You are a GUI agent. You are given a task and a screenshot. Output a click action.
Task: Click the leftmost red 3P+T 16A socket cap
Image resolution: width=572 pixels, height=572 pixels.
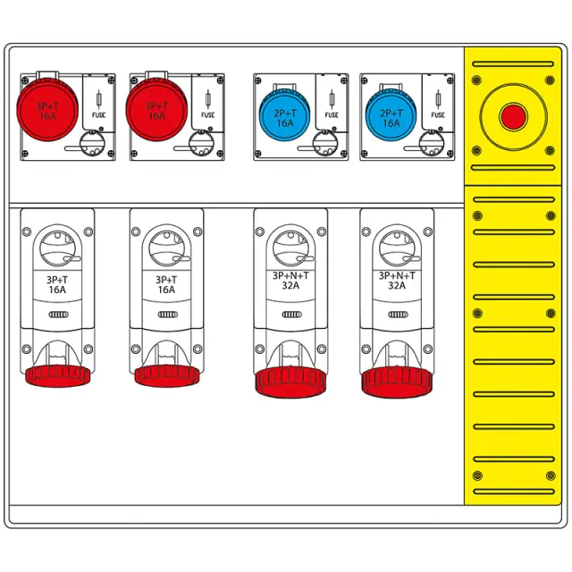pyautogui.click(x=47, y=110)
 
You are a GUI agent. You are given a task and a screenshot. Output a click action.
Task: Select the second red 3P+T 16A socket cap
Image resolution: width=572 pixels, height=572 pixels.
pyautogui.click(x=157, y=110)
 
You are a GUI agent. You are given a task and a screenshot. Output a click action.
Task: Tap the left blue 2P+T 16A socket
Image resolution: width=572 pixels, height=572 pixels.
pyautogui.click(x=284, y=117)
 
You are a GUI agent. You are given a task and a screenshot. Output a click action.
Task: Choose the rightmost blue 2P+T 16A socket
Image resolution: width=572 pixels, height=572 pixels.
pyautogui.click(x=391, y=117)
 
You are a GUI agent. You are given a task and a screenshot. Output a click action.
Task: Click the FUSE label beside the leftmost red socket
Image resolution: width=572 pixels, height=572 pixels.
pyautogui.click(x=98, y=115)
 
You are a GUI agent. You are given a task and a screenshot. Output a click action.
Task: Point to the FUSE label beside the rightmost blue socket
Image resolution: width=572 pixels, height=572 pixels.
pyautogui.click(x=438, y=115)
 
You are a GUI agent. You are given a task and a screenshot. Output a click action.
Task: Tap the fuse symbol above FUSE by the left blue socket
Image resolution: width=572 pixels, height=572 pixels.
pyautogui.click(x=332, y=99)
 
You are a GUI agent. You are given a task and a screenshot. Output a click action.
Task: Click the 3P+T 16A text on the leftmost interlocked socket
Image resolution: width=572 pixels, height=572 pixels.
pyautogui.click(x=57, y=285)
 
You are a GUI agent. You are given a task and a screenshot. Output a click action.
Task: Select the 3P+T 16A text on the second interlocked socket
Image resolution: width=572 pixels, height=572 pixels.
pyautogui.click(x=166, y=285)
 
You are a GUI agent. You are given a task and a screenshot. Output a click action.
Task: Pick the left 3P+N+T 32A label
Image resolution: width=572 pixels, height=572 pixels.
pyautogui.click(x=290, y=281)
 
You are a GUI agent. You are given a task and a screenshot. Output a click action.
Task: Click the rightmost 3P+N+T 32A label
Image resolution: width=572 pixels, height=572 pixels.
pyautogui.click(x=397, y=281)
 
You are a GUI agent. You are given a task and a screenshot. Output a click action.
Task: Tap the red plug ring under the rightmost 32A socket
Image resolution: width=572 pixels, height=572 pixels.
pyautogui.click(x=397, y=383)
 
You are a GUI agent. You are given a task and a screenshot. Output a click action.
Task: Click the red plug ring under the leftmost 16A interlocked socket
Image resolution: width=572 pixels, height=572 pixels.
pyautogui.click(x=57, y=376)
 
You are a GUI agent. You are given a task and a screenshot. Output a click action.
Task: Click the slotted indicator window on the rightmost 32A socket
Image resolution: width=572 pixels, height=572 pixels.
pyautogui.click(x=398, y=315)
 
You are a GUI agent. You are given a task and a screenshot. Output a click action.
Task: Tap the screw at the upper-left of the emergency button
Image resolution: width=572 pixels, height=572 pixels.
pyautogui.click(x=476, y=80)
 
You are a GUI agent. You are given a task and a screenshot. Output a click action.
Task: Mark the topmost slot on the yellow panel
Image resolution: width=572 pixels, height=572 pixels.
pyautogui.click(x=513, y=64)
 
